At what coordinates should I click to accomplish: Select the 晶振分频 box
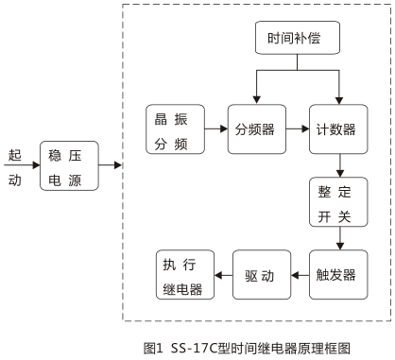[x=174, y=130]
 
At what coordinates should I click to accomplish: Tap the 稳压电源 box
[x=68, y=165]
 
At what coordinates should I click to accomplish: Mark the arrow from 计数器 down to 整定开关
[x=337, y=164]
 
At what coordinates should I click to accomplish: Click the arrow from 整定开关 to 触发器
[x=337, y=240]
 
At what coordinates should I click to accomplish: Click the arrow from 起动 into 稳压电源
[x=32, y=165]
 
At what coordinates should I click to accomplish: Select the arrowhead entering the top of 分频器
[x=256, y=97]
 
